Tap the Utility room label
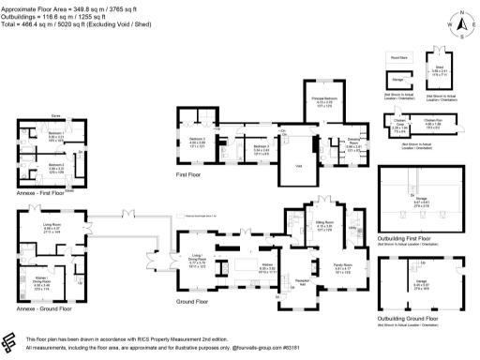354,227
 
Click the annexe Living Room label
52,223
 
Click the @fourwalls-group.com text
301,349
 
